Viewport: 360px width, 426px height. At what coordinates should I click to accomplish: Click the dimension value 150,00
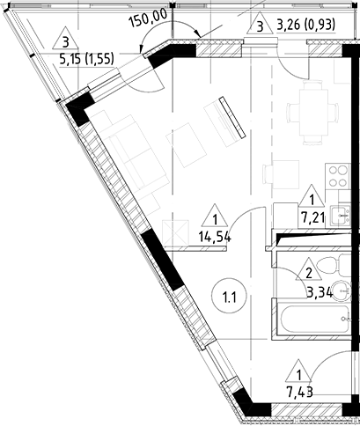click(x=148, y=15)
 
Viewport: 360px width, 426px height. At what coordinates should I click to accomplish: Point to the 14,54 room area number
click(x=216, y=236)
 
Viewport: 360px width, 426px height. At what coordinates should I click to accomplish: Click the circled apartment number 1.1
click(x=231, y=296)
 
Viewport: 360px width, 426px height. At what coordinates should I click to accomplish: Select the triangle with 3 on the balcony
click(x=66, y=40)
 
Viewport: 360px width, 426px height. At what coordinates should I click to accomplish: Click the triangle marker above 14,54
click(x=216, y=217)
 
